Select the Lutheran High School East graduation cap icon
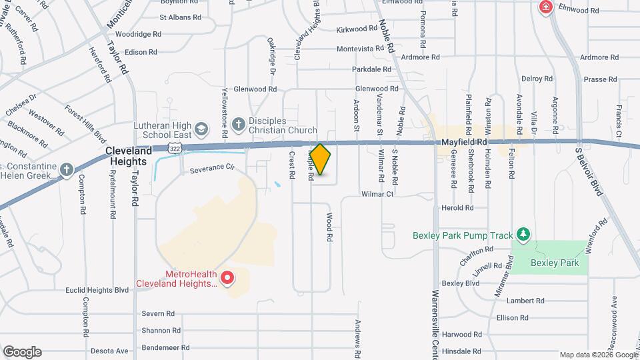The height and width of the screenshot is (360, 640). pos(201,127)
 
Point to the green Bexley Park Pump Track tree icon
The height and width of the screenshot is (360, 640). pos(524,234)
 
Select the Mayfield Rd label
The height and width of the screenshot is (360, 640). pos(465,142)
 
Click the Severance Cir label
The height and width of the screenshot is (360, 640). pos(213,168)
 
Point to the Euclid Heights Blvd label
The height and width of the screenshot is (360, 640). pos(97,290)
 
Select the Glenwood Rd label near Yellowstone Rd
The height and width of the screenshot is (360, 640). pos(254,89)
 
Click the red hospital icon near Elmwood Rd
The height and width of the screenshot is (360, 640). pos(546,7)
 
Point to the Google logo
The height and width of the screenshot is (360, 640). pos(22,351)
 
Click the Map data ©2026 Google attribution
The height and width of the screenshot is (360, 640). pos(598,355)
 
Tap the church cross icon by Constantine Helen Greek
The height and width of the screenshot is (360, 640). pos(66,169)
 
